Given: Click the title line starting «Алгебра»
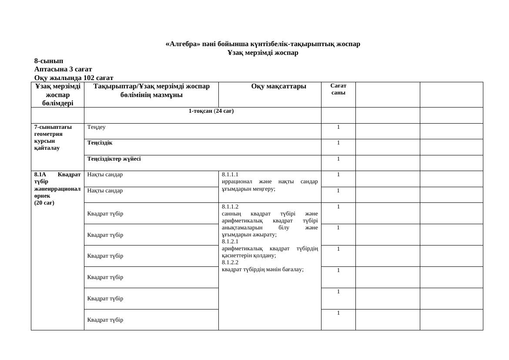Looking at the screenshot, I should (263, 44).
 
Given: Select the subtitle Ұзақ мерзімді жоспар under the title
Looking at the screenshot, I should (263, 53).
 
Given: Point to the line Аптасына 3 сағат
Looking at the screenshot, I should (63, 69).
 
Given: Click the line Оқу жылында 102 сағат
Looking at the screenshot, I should (74, 78).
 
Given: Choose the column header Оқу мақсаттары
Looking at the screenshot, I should (278, 86).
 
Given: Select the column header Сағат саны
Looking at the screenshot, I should (338, 90).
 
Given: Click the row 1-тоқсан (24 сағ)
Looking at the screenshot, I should (211, 111).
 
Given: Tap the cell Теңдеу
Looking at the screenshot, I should (96, 127).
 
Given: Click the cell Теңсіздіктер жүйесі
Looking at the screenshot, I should (114, 159).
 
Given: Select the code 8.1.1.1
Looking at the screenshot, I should (230, 174).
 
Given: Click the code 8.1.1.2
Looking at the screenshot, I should (230, 207).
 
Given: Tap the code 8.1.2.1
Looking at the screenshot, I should (230, 241).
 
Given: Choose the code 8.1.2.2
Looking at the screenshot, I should (230, 262).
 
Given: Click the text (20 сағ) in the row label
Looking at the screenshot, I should (44, 203).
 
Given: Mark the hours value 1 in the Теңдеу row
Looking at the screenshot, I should (338, 127).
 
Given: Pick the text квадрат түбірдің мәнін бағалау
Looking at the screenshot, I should (262, 269).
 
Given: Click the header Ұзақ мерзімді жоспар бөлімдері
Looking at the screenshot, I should (57, 94).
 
